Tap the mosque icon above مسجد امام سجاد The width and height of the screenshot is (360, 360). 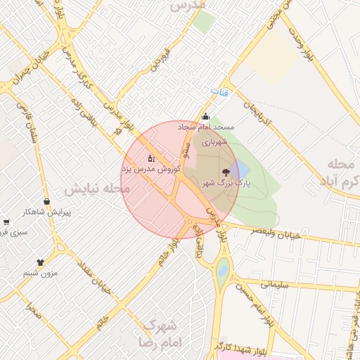(205, 117)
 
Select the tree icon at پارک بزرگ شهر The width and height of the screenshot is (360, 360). (225, 172)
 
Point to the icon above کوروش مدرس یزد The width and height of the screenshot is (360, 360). (151, 159)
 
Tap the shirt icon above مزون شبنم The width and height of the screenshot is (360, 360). (40, 262)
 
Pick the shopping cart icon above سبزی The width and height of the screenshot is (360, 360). (6, 221)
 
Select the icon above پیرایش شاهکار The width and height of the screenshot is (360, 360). (49, 202)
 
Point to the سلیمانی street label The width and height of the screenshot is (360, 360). (275, 284)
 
